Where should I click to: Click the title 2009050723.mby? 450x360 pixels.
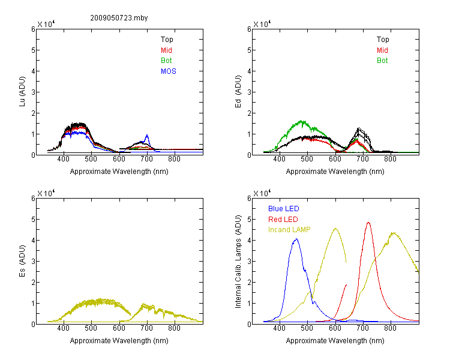pos(119,18)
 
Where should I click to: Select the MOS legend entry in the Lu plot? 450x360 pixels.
pos(169,71)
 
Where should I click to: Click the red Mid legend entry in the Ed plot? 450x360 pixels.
pos(382,50)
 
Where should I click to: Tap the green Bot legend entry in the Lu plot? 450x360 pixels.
pos(166,61)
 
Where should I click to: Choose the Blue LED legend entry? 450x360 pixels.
pos(284,209)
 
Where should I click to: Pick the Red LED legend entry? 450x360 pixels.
pos(283,220)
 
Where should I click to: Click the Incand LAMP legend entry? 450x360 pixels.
pos(289,230)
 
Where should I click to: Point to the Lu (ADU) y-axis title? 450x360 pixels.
pos(22,92)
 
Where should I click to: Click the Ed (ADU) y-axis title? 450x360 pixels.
pos(238,92)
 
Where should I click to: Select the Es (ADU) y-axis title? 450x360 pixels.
pos(22,261)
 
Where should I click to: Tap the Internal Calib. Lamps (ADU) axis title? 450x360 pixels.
pos(238,262)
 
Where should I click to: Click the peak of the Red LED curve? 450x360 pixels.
pos(368,223)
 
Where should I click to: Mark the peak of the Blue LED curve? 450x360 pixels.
pos(296,239)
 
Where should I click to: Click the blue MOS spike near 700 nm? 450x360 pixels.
pos(147,135)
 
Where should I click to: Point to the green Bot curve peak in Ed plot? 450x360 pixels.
pos(302,121)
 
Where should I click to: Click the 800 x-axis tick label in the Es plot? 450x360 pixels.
pos(174,328)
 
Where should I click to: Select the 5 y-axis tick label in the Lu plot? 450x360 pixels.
pos(33,50)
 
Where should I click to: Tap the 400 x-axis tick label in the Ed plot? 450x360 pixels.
pos(279,159)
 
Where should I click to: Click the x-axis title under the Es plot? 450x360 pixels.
pos(119,341)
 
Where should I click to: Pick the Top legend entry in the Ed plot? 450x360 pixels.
pos(383,40)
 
